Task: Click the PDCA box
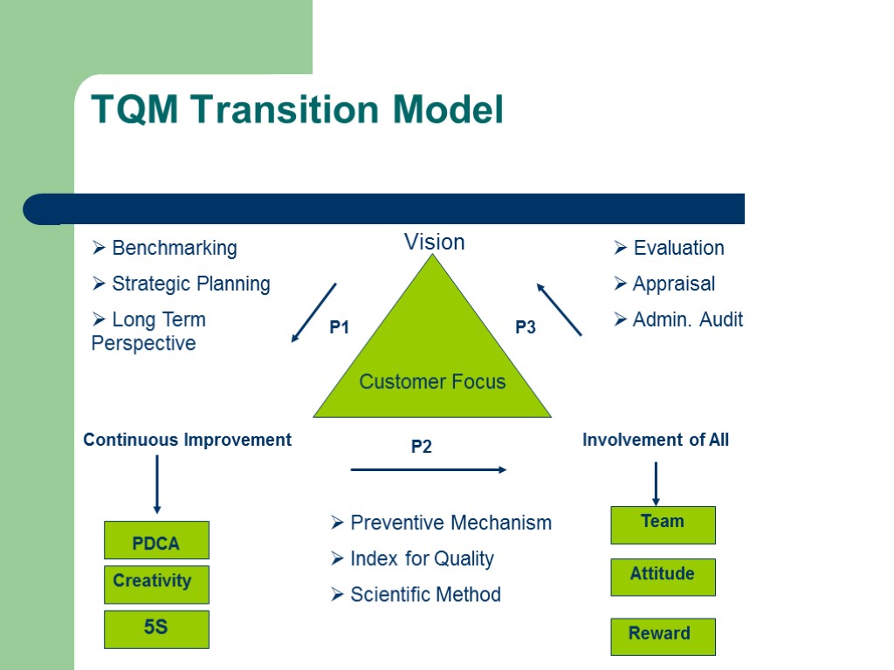click(x=156, y=540)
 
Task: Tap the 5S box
click(x=156, y=629)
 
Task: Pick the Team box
click(x=663, y=524)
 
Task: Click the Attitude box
click(x=663, y=577)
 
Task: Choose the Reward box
click(x=663, y=636)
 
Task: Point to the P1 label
click(x=339, y=328)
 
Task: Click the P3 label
click(x=525, y=328)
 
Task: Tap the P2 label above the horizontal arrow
click(x=422, y=447)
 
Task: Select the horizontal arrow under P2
click(x=428, y=469)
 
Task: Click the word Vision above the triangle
click(x=434, y=242)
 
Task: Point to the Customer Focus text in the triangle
click(x=432, y=381)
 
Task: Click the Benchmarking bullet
click(x=174, y=248)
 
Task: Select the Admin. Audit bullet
click(x=686, y=319)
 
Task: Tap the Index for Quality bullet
click(x=421, y=558)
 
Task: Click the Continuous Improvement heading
click(x=187, y=440)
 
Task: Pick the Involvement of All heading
click(x=655, y=440)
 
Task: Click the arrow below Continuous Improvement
click(x=156, y=484)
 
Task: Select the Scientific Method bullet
click(x=424, y=594)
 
